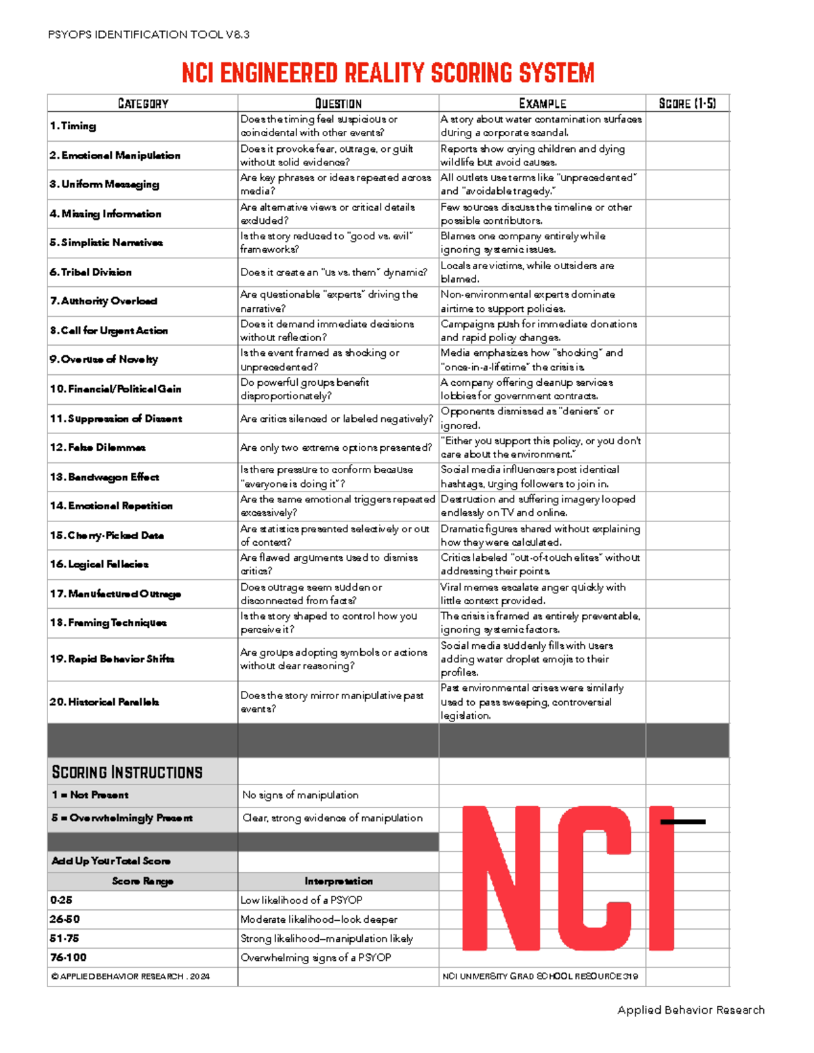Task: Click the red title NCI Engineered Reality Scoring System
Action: [388, 73]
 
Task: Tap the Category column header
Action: [142, 104]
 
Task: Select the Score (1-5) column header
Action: [687, 104]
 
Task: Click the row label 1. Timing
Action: [73, 126]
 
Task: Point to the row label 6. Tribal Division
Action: [91, 273]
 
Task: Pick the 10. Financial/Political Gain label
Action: [115, 389]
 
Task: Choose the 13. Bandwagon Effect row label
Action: [104, 477]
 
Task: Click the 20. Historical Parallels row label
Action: [104, 702]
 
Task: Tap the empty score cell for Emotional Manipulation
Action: [687, 155]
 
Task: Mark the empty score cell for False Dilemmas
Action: [687, 448]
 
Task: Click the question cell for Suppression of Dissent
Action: [336, 419]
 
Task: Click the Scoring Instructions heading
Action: [128, 772]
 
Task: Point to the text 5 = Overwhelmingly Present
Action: [122, 818]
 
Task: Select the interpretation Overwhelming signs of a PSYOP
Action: [316, 957]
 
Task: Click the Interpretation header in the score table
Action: [338, 881]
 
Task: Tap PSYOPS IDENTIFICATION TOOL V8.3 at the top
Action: [149, 35]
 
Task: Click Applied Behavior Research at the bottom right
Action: [691, 1010]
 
